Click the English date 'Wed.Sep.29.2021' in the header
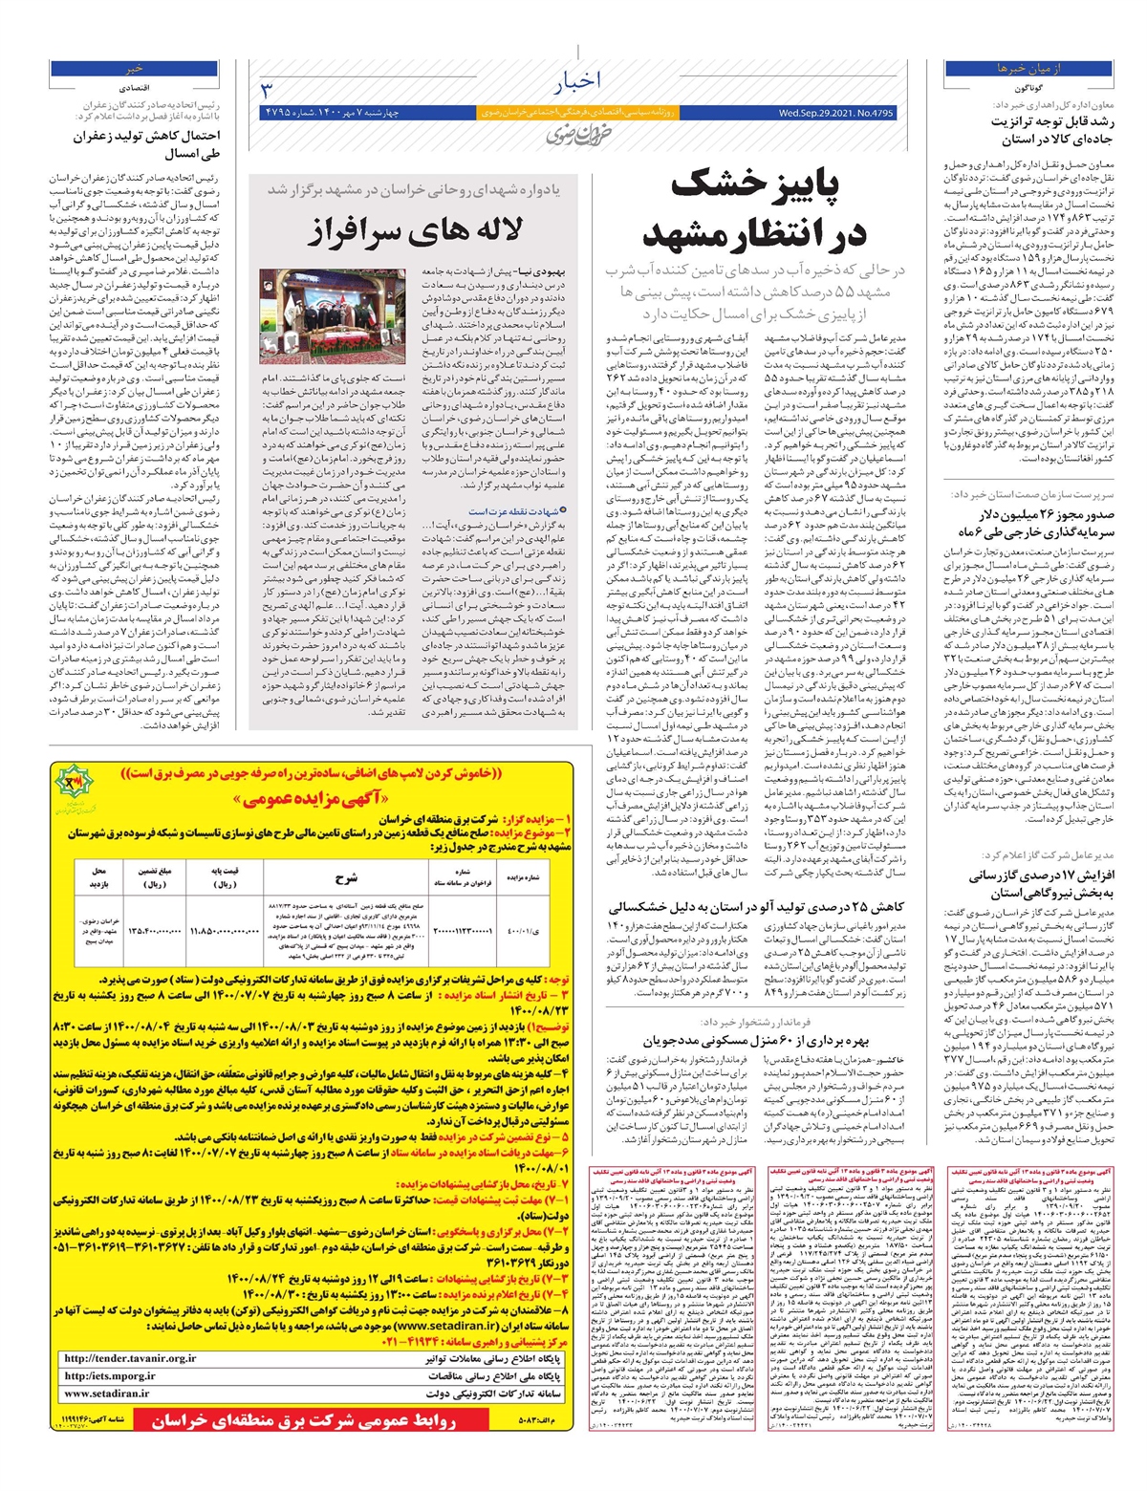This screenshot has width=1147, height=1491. (836, 113)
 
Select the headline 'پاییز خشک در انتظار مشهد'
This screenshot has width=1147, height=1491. (755, 209)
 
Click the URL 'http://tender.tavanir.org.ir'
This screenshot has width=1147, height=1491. (130, 1357)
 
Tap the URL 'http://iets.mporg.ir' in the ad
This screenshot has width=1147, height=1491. (110, 1375)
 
